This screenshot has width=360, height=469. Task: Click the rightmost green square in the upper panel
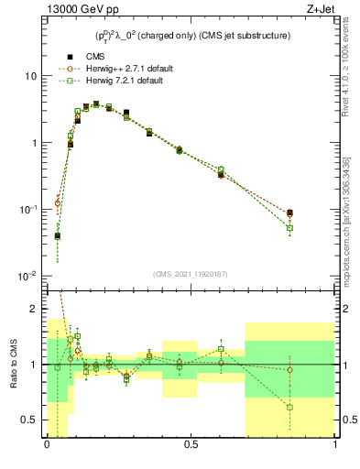pos(289,228)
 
